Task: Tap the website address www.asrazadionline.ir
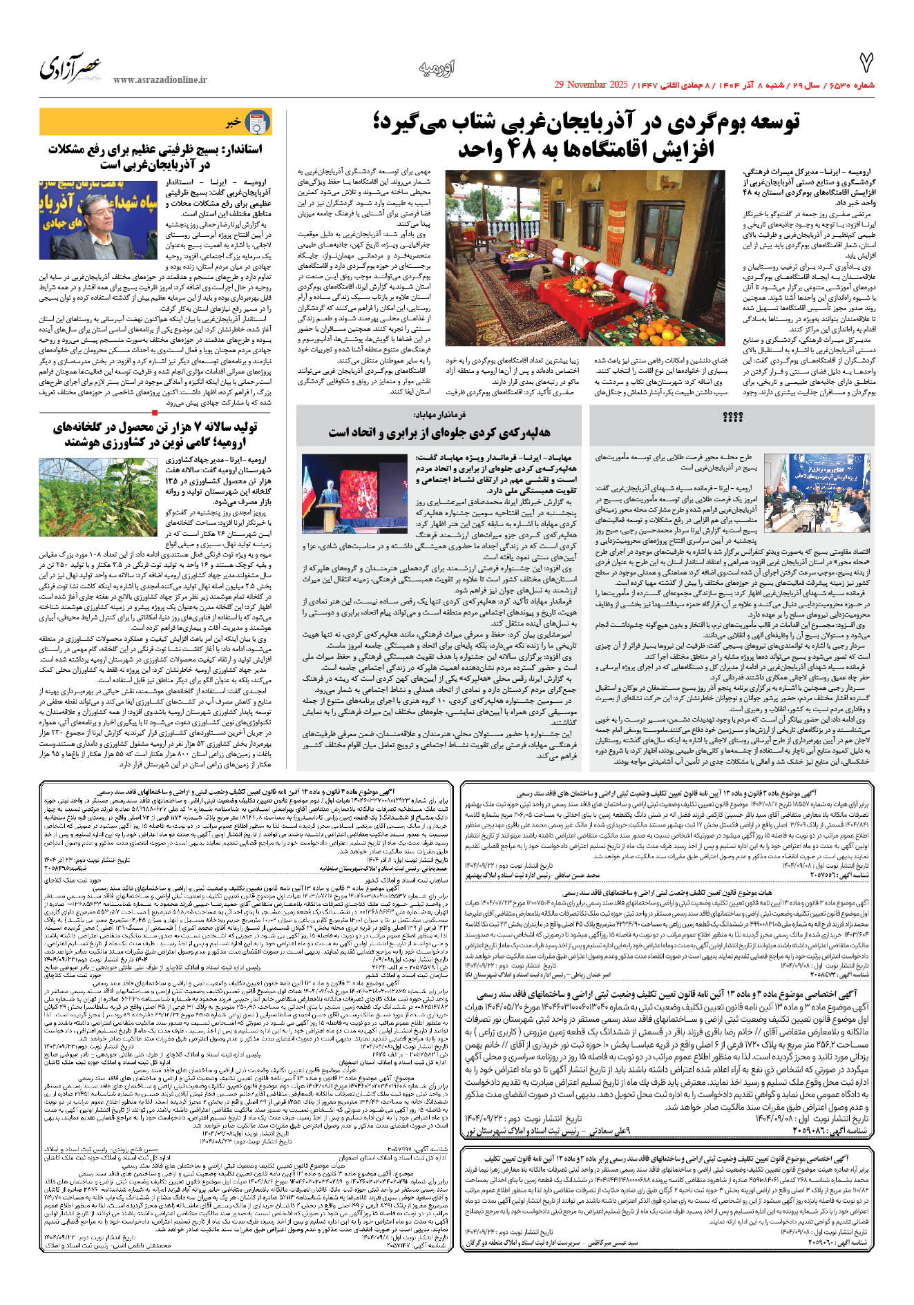coord(160,79)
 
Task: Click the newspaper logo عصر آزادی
coord(72,67)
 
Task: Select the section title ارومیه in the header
coord(437,68)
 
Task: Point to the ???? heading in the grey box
coord(732,418)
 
